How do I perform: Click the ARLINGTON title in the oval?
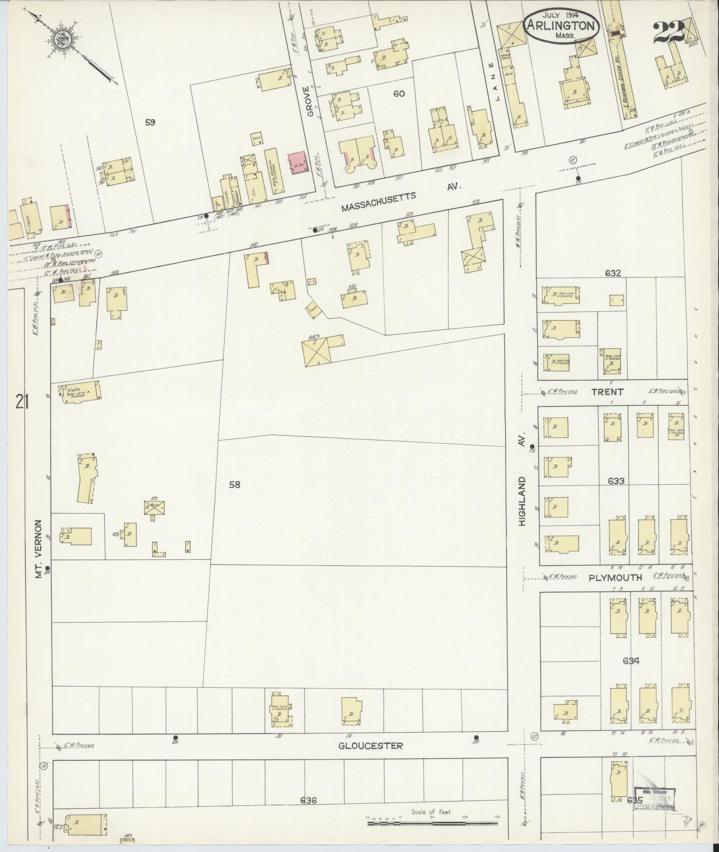coord(561,25)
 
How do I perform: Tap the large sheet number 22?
coord(669,32)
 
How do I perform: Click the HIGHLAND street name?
coord(522,501)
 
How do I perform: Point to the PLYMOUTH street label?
coord(615,577)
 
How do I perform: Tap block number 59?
coord(150,122)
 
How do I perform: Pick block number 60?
coord(399,94)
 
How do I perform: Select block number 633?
coord(615,481)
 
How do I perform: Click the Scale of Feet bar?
coord(434,823)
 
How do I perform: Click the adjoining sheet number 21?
coord(22,403)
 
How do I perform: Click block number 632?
coord(613,273)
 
